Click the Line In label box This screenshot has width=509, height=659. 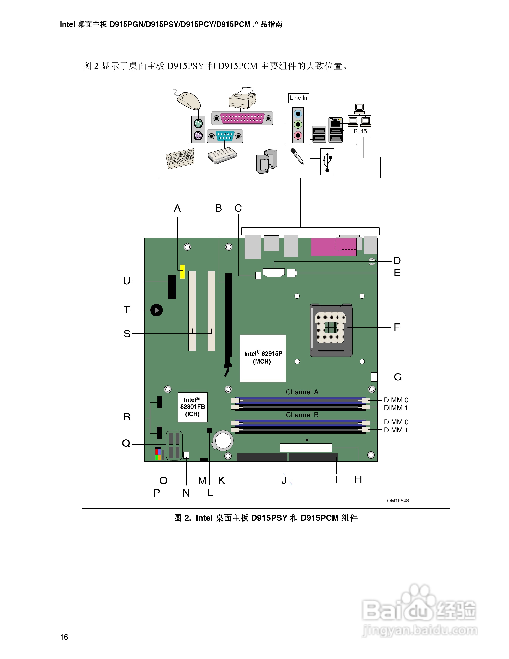tap(298, 98)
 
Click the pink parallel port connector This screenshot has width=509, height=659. tap(242, 118)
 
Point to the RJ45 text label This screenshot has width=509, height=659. tap(360, 131)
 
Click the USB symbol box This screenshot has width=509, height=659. tap(327, 161)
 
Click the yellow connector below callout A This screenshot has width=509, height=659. tap(182, 271)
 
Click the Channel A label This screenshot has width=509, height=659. tap(302, 392)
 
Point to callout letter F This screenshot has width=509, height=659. tap(397, 327)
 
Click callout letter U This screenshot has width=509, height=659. tap(127, 281)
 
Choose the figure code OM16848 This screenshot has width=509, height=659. tap(398, 500)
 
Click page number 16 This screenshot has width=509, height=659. tap(64, 637)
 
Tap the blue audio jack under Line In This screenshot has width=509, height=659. tap(298, 114)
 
